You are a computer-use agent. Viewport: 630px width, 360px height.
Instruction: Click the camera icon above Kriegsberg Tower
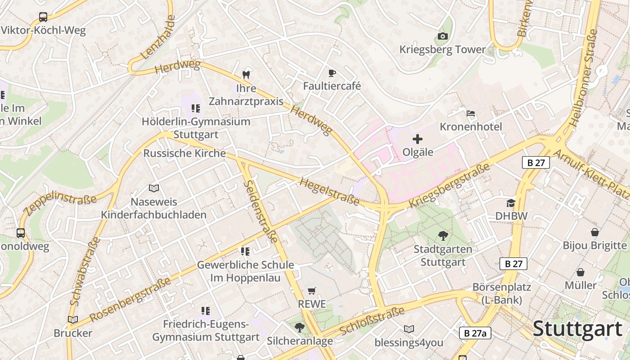pos(442,36)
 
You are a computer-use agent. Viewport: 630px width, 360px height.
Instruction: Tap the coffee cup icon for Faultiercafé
pos(332,73)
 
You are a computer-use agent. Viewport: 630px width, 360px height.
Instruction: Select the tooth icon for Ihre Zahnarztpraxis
pos(246,75)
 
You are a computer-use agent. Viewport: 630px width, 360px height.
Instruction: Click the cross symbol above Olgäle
pos(418,139)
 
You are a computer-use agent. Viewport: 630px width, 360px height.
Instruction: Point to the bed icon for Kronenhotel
pos(471,113)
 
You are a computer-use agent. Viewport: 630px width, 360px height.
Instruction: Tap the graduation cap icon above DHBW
pos(511,203)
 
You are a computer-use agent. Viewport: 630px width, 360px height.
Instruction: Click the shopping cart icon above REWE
pos(312,291)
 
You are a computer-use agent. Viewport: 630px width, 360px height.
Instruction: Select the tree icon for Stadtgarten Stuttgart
pos(443,235)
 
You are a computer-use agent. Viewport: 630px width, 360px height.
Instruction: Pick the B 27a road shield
pos(475,333)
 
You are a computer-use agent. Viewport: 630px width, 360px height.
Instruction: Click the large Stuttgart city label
pos(578,329)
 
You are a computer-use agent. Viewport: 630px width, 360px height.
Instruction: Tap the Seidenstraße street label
pos(261,211)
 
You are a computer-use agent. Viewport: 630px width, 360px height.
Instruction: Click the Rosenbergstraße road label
pos(130,300)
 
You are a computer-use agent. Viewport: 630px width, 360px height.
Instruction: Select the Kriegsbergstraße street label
pos(449,186)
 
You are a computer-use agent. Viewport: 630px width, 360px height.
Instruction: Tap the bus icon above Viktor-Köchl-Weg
pos(43,17)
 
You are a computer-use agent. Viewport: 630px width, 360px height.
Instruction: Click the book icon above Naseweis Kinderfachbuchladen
pos(154,188)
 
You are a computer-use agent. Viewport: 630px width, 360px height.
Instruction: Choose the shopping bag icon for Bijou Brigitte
pos(595,232)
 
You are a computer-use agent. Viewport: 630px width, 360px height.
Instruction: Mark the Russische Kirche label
pos(184,153)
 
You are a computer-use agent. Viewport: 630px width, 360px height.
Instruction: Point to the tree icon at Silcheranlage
pos(299,328)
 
